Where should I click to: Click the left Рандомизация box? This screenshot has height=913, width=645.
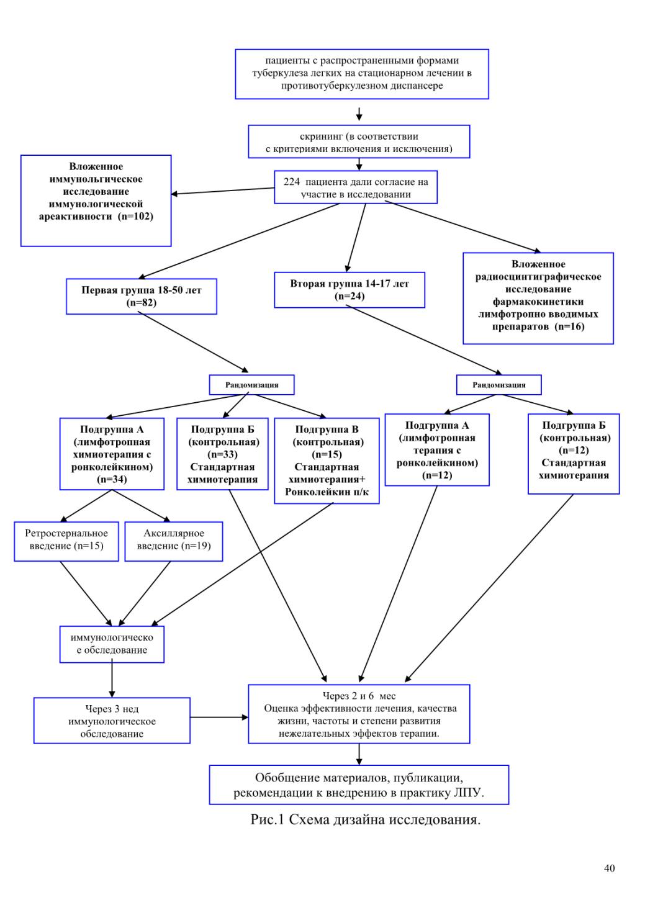click(x=251, y=385)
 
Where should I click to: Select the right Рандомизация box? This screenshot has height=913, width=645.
click(x=498, y=385)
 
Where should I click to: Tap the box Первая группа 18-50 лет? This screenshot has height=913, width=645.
click(x=142, y=296)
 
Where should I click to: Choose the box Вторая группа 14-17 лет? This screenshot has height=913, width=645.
click(x=350, y=290)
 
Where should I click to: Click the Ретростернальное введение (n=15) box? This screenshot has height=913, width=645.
click(x=66, y=541)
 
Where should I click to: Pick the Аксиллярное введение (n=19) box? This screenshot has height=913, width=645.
click(x=174, y=541)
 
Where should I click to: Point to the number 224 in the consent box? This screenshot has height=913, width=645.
click(x=292, y=182)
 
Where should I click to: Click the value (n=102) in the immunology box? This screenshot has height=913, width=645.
click(x=135, y=217)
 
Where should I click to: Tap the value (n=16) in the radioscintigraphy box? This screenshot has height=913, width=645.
click(x=569, y=326)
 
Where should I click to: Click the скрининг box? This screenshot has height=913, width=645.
click(x=359, y=142)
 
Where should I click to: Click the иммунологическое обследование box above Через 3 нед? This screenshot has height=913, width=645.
click(x=112, y=644)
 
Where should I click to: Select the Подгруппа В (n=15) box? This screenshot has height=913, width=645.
click(x=327, y=461)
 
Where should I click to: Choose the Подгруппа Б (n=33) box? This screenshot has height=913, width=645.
click(x=223, y=454)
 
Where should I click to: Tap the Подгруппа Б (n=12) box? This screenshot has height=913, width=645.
click(x=574, y=454)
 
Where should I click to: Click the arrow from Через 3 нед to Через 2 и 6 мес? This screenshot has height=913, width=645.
click(x=219, y=717)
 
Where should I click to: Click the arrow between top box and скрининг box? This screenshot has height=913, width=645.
click(x=359, y=114)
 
